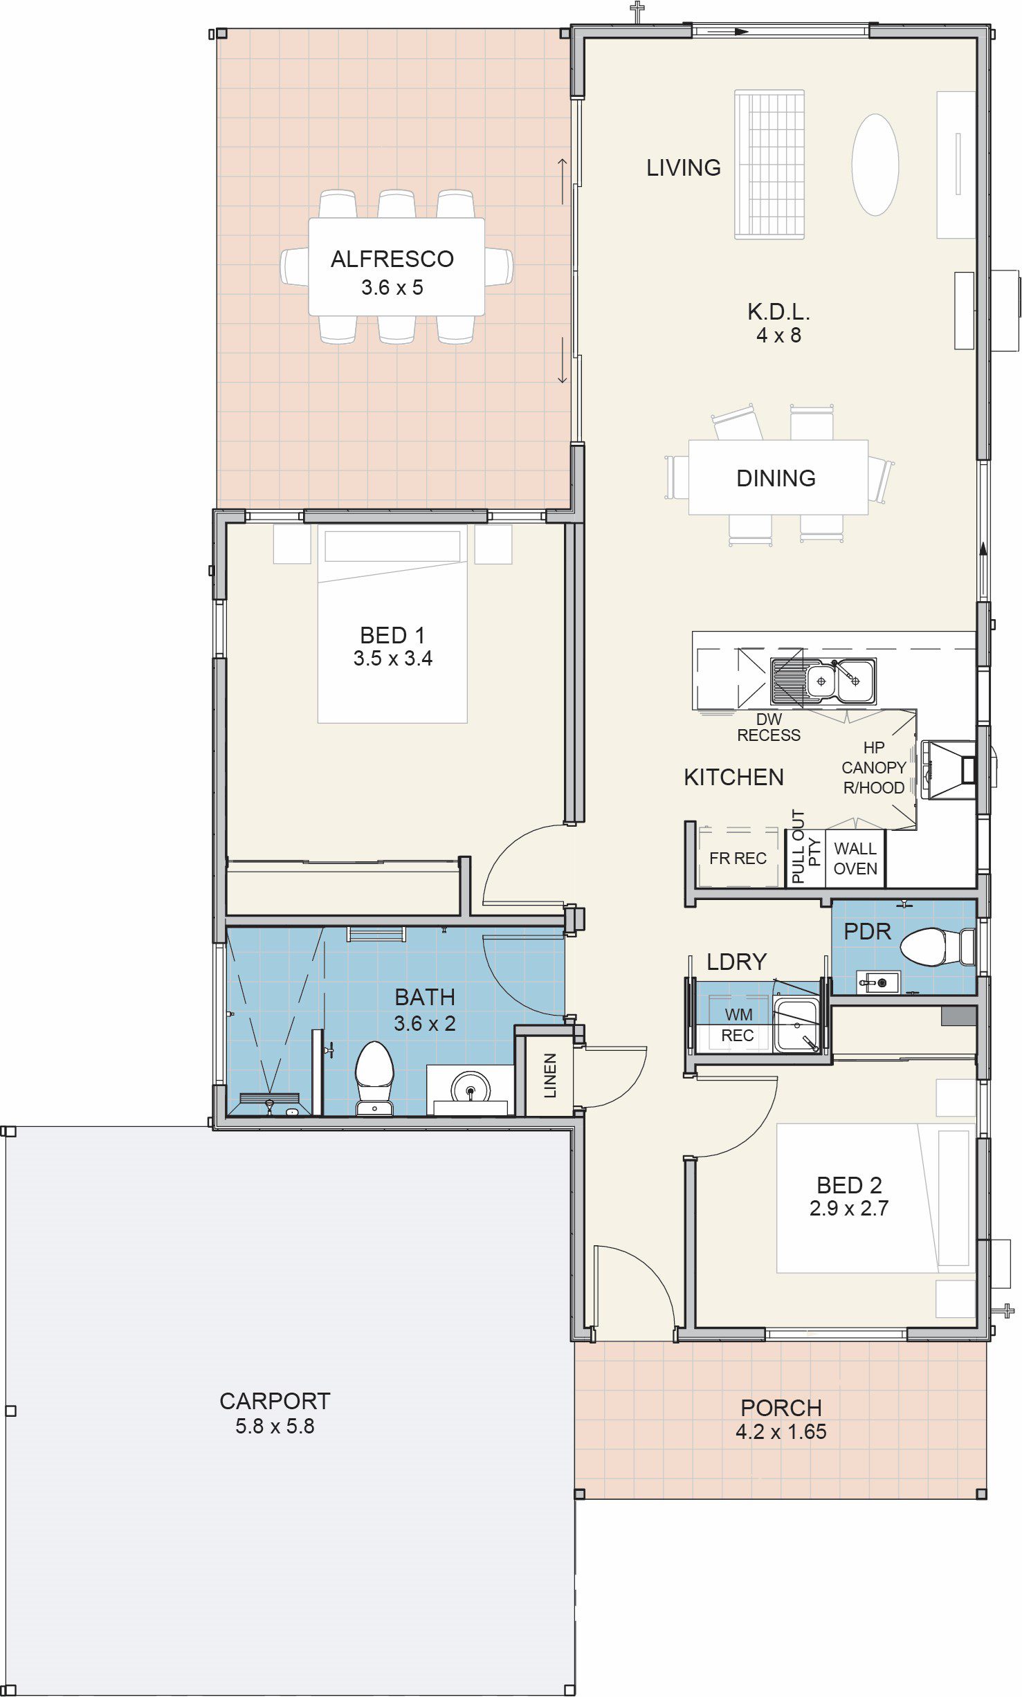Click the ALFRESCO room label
coord(392,259)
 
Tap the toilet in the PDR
coord(938,946)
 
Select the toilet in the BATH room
coord(374,1078)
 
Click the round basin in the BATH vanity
coord(471,1088)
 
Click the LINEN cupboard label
coord(550,1076)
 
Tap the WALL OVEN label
coord(855,859)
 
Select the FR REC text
coord(738,859)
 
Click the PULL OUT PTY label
coord(805,847)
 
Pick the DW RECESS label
coord(769,727)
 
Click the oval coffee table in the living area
coord(875,165)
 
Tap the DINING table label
coord(776,478)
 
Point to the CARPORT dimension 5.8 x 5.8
coord(275,1426)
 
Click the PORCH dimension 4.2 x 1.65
coord(781,1431)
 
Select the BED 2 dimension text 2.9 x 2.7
coord(849,1208)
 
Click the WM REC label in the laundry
coord(738,1025)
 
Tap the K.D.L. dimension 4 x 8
coord(778,336)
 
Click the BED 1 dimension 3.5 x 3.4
coord(392,658)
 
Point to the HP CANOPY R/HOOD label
coord(873,768)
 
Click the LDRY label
coord(736,962)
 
